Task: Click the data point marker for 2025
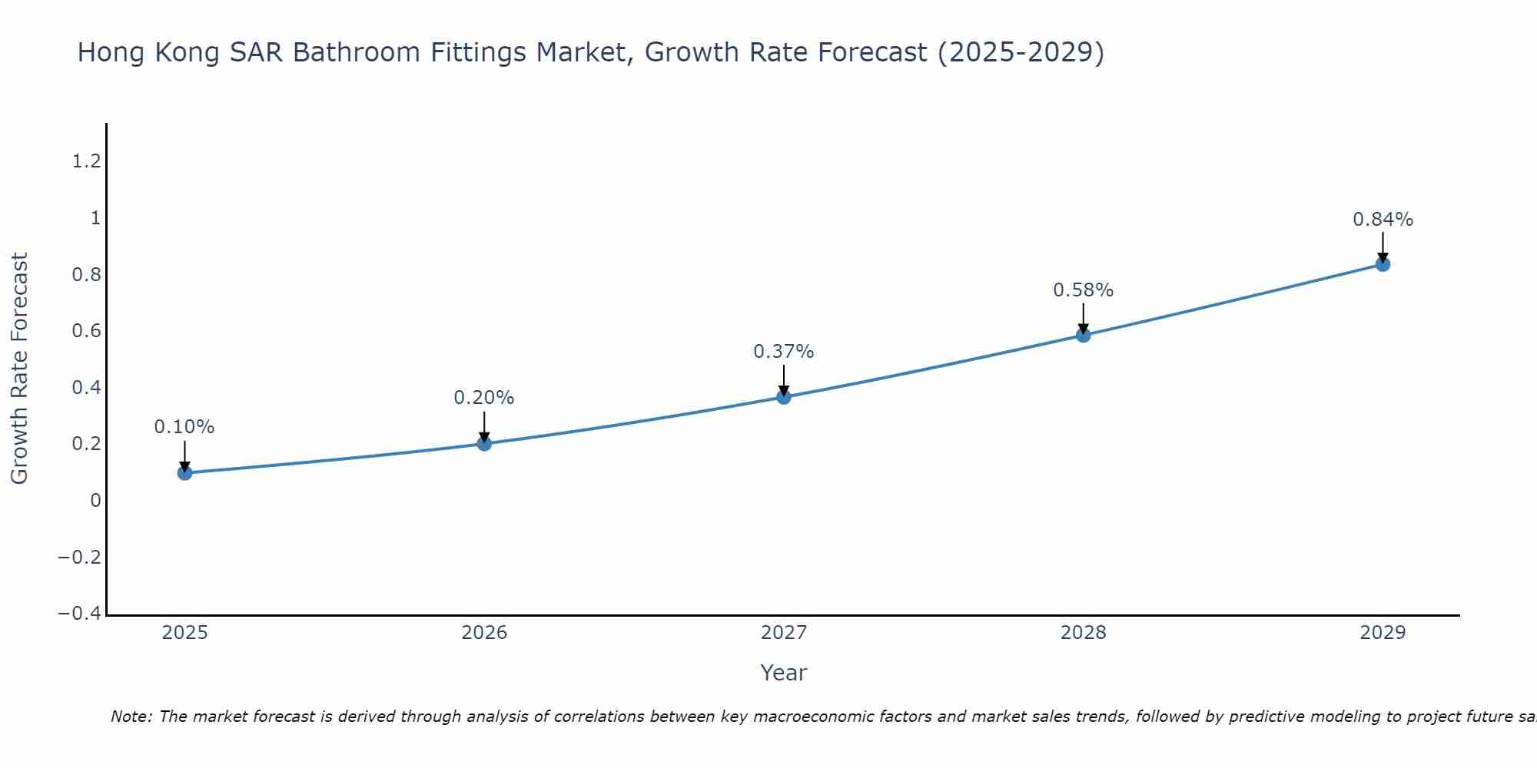pos(184,472)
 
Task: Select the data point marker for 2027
pos(784,397)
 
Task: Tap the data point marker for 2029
pos(1383,264)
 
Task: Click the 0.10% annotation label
pos(184,427)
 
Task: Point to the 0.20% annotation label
pos(484,398)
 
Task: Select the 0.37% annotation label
pos(784,352)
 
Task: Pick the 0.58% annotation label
pos(1083,290)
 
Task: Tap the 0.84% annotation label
pos(1383,220)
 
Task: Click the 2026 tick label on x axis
pos(484,633)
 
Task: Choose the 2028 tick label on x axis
pos(1083,633)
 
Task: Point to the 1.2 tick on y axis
pos(86,161)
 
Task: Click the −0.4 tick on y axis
pos(79,613)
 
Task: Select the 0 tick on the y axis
pos(95,501)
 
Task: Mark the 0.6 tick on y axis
pos(86,331)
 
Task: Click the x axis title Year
pos(783,673)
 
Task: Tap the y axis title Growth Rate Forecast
pos(19,369)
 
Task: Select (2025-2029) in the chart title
pos(1021,52)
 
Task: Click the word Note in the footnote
pos(131,717)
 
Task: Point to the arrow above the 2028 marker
pos(1083,318)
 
